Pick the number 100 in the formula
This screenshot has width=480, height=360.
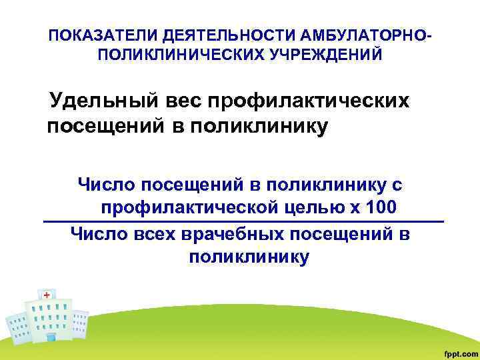(381, 206)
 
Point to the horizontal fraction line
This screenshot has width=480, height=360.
(243, 221)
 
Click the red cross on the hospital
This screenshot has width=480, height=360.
(46, 294)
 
